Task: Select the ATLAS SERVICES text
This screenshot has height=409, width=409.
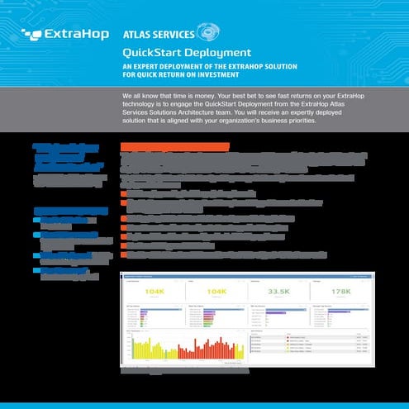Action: [158, 36]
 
